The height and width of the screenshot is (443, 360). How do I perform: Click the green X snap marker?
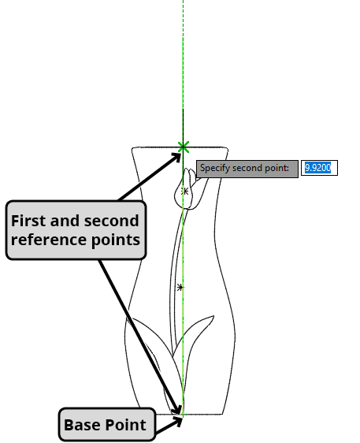coord(184,147)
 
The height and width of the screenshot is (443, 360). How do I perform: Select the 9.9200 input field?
coord(319,168)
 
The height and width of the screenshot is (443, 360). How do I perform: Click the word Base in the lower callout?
coord(82,425)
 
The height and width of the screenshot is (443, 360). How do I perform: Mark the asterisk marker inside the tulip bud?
coord(184,192)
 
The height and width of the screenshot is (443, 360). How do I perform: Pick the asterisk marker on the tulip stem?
coord(180,288)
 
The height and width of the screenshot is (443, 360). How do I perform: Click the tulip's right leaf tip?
coord(213,316)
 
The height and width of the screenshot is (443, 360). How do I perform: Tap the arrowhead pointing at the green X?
coord(176,157)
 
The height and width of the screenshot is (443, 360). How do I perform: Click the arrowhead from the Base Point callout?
coord(178,422)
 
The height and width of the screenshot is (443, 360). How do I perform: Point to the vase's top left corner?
coord(132,148)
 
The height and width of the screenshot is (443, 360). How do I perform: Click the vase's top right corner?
coord(228,148)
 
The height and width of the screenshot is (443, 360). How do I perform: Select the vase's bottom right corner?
coord(223,414)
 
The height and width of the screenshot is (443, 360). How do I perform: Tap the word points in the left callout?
coord(113,240)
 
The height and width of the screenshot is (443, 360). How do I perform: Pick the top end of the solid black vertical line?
coord(184,110)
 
